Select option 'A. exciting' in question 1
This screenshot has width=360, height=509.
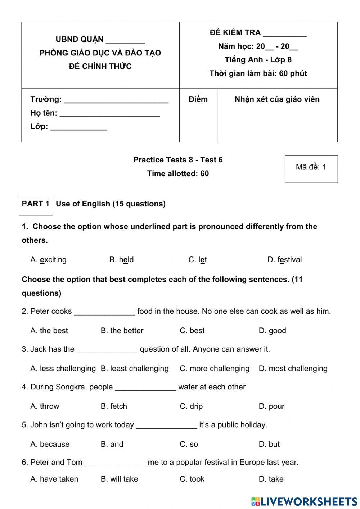[x=49, y=260]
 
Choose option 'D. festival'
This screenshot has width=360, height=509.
[x=284, y=260]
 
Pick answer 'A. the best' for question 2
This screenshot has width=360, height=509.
[x=49, y=331]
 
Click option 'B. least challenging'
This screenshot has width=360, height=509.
[x=135, y=369]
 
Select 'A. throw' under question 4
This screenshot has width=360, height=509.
[x=45, y=406]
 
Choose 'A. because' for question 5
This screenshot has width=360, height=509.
[x=50, y=444]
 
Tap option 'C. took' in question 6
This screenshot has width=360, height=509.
[x=192, y=479]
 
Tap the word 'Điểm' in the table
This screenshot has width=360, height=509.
[x=198, y=99]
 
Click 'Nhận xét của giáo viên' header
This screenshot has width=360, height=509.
[x=277, y=99]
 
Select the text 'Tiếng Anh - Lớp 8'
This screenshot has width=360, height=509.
[x=258, y=60]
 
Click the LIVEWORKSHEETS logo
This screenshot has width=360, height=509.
[x=304, y=501]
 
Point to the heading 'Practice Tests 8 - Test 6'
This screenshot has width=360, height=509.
[x=178, y=160]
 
